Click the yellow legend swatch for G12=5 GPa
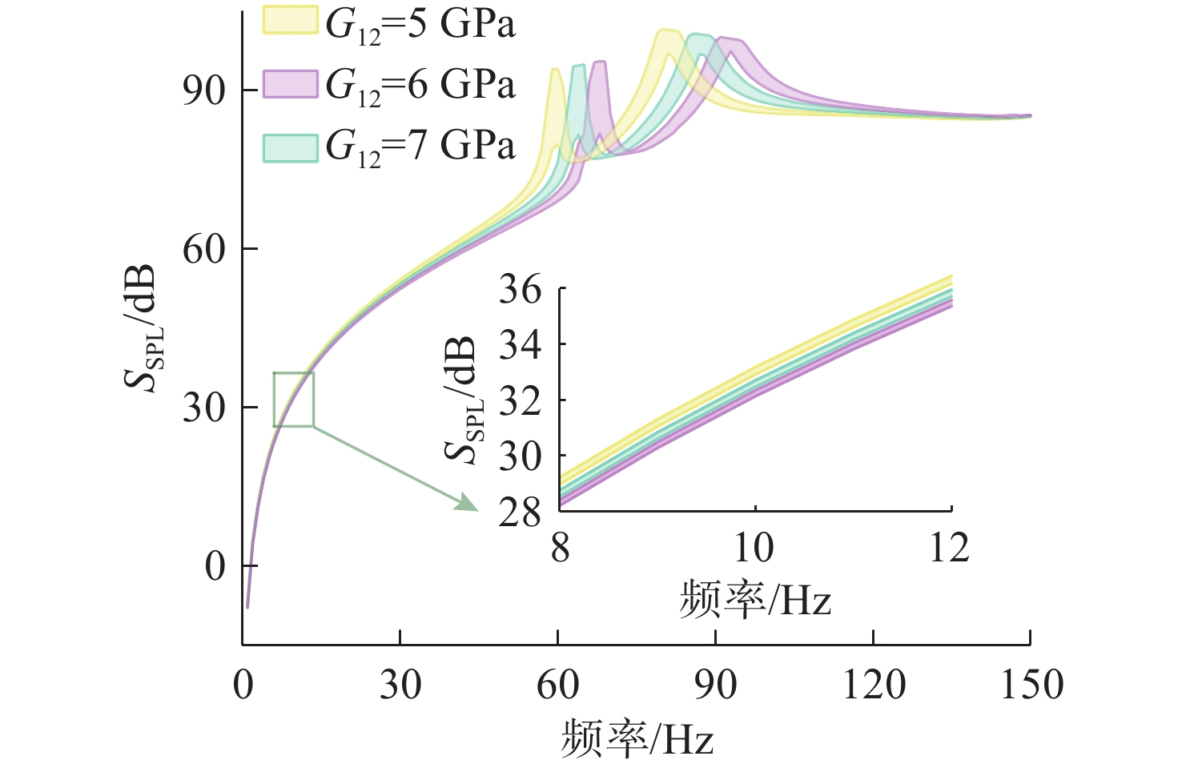291,22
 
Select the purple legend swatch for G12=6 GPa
291,83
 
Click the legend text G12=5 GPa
420,25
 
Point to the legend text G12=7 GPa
420,147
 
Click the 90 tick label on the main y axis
204,90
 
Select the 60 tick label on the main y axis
204,249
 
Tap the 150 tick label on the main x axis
1031,686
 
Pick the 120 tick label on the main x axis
874,686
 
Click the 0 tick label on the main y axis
215,567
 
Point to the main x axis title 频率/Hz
637,738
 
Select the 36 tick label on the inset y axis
521,289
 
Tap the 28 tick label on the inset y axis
521,513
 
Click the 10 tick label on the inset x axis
754,549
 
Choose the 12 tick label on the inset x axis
950,549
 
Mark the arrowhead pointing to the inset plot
467,503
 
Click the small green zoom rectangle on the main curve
294,400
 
